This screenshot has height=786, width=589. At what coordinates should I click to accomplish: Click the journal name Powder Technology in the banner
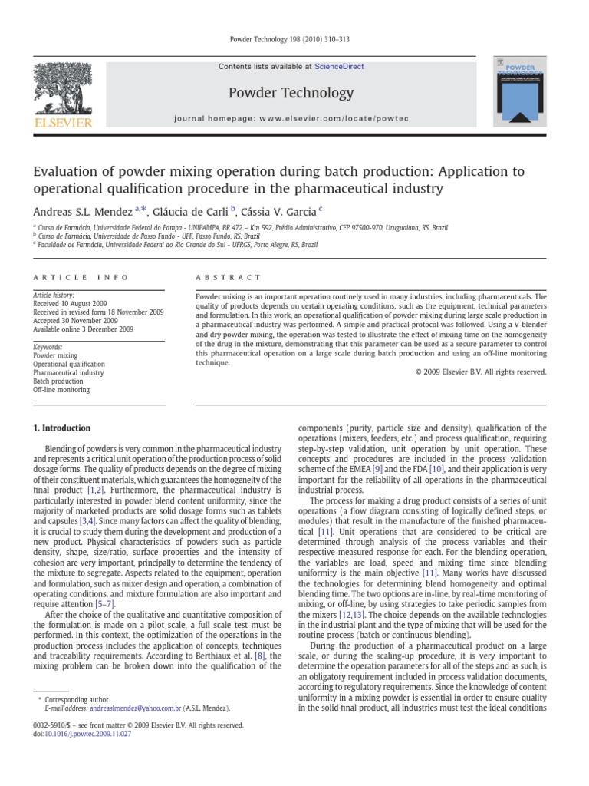coord(291,93)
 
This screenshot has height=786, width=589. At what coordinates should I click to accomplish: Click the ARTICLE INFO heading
coord(81,277)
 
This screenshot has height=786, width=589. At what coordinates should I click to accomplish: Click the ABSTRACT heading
coord(229,277)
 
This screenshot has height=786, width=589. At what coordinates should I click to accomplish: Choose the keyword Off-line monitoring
coord(61,390)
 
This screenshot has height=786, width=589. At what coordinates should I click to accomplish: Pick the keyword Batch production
coord(58,381)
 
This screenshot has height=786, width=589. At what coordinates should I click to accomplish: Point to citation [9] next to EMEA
coord(379,468)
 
